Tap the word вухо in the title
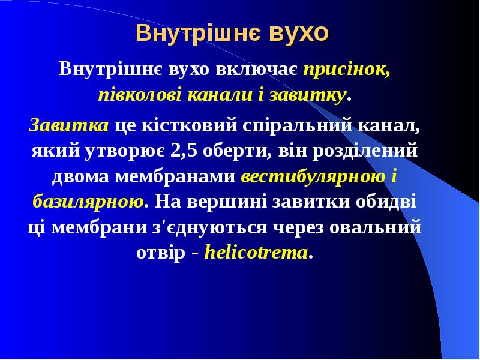pos(299,33)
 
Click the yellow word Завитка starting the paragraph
pos(69,125)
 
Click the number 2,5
pos(184,151)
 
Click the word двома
pos(82,176)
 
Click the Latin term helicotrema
pos(256,253)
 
